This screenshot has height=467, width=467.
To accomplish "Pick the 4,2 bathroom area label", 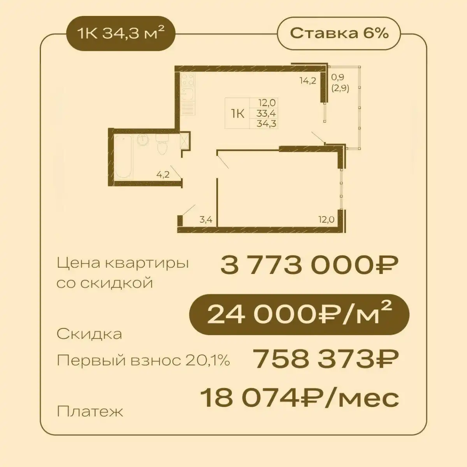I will tap(163, 174).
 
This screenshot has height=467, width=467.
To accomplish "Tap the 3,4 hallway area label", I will tap(206, 219).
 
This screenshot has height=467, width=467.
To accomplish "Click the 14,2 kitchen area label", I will tap(307, 81).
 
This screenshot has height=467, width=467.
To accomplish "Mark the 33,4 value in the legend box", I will tap(267, 114).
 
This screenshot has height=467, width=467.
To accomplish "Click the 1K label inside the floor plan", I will tap(237, 114).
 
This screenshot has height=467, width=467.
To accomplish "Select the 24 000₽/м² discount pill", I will tap(299, 316).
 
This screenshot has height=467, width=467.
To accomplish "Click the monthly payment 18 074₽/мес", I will tap(300, 398).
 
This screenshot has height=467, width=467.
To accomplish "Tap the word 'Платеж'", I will tap(90, 411).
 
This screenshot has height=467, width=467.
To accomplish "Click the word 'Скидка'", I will tap(89, 334).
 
